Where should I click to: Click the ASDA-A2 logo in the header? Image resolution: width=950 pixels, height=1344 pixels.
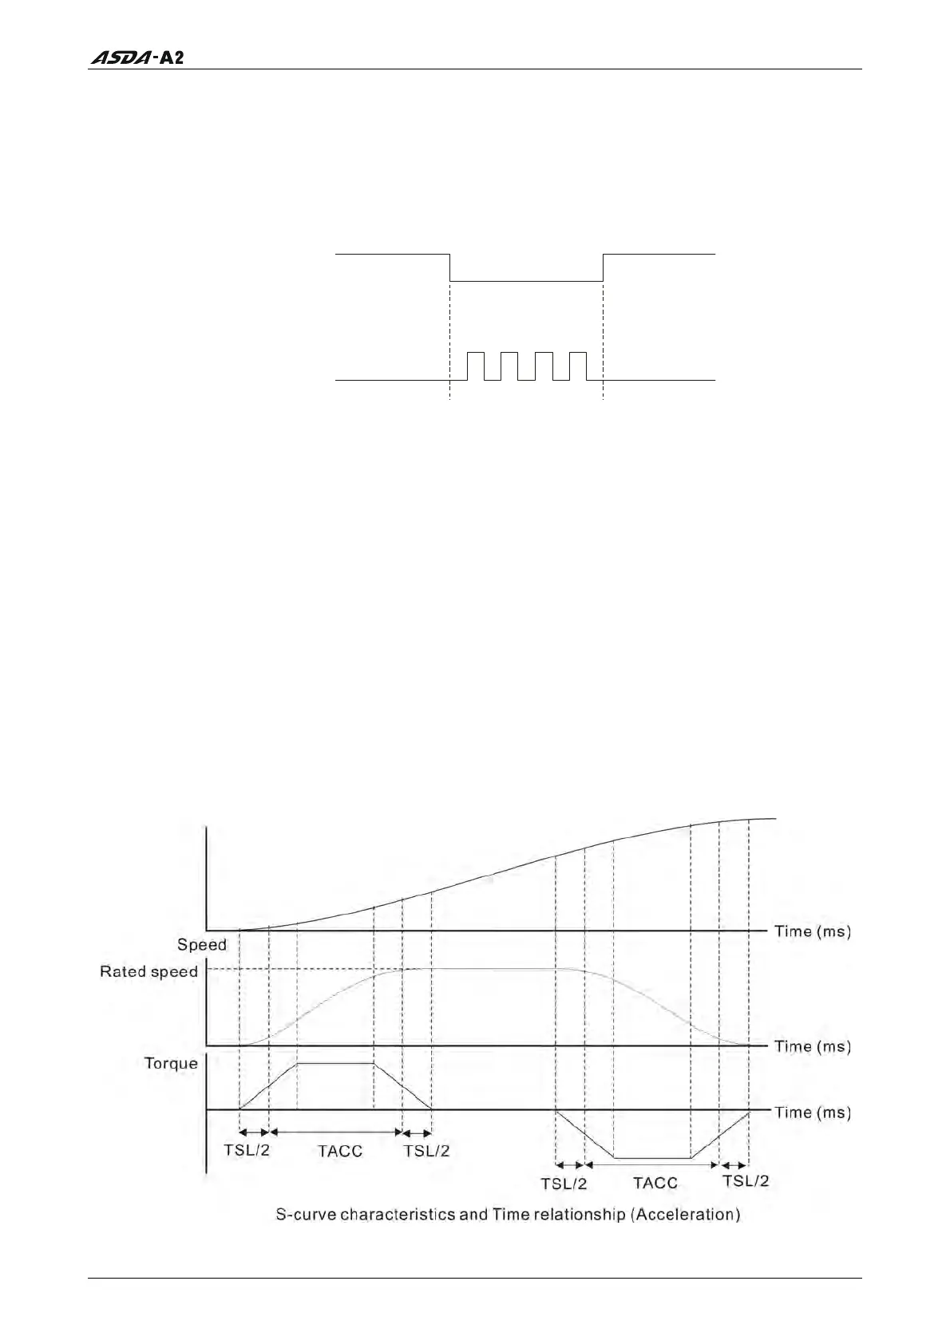(x=137, y=57)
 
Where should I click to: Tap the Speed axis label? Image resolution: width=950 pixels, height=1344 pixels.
(x=201, y=945)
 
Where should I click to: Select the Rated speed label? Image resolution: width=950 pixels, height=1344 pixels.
(x=148, y=971)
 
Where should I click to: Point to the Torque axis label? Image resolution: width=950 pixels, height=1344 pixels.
(x=171, y=1063)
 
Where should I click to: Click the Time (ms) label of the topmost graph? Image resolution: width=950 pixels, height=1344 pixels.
(x=812, y=931)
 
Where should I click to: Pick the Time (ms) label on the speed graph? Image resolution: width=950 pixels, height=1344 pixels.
(x=812, y=1046)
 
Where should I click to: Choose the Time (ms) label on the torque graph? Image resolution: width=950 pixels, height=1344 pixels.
(x=812, y=1112)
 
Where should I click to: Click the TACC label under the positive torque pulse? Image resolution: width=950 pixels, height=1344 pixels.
(x=340, y=1151)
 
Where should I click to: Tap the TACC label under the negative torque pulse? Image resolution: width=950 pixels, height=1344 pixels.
(x=655, y=1183)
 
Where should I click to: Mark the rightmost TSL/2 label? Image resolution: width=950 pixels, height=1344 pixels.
(x=746, y=1180)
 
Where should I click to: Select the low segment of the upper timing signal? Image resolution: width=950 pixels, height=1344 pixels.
(x=526, y=281)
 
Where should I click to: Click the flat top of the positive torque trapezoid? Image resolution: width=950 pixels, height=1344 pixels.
(x=335, y=1063)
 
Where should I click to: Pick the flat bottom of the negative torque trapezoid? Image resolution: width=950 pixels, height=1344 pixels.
(x=651, y=1157)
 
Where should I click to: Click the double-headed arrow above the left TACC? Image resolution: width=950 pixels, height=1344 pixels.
(x=335, y=1132)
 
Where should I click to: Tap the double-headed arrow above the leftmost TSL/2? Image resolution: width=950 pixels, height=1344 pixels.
(x=254, y=1132)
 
